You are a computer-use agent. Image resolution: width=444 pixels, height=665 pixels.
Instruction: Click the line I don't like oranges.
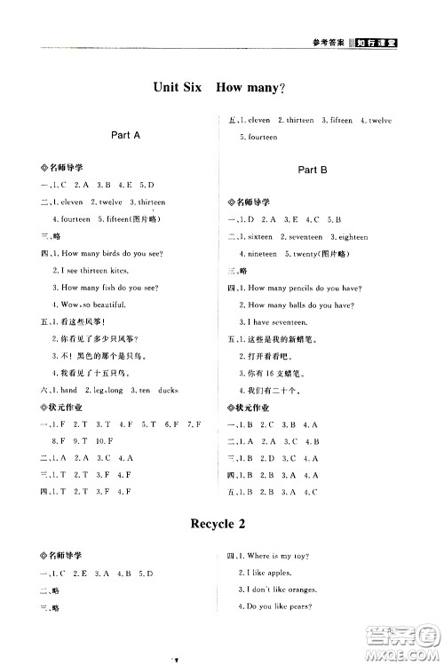point(281,590)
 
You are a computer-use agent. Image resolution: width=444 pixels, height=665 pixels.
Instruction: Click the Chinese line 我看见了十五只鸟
point(99,373)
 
